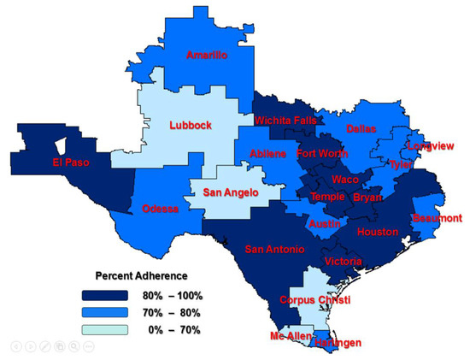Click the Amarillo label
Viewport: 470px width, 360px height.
208,56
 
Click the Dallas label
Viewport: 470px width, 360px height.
361,129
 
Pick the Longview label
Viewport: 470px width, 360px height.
432,145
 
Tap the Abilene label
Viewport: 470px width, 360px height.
269,154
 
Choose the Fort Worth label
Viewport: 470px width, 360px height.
323,154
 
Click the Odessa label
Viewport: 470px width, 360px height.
160,209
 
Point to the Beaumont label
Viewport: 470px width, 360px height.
437,218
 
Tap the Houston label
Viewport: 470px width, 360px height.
379,232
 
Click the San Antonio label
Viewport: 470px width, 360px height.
273,250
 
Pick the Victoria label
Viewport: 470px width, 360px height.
344,261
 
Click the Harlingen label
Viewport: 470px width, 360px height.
334,343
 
